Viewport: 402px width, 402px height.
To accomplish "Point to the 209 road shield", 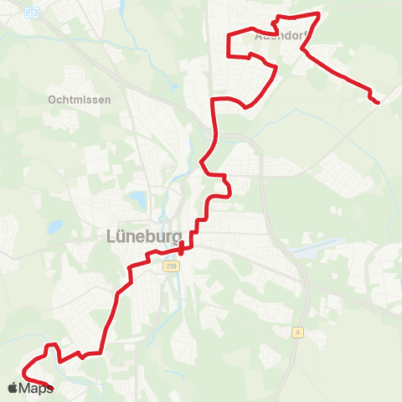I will click(172, 266).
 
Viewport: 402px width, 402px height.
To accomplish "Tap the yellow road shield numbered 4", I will click(297, 332).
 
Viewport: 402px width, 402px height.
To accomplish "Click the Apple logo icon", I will click(13, 387).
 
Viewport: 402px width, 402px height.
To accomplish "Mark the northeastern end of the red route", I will click(378, 102).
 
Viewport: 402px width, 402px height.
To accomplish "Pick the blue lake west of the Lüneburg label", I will click(54, 226).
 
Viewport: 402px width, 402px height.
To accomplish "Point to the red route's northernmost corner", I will click(318, 13).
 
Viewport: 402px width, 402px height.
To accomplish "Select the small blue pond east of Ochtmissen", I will click(173, 87).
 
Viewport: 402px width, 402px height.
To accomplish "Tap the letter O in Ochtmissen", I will click(53, 99).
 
